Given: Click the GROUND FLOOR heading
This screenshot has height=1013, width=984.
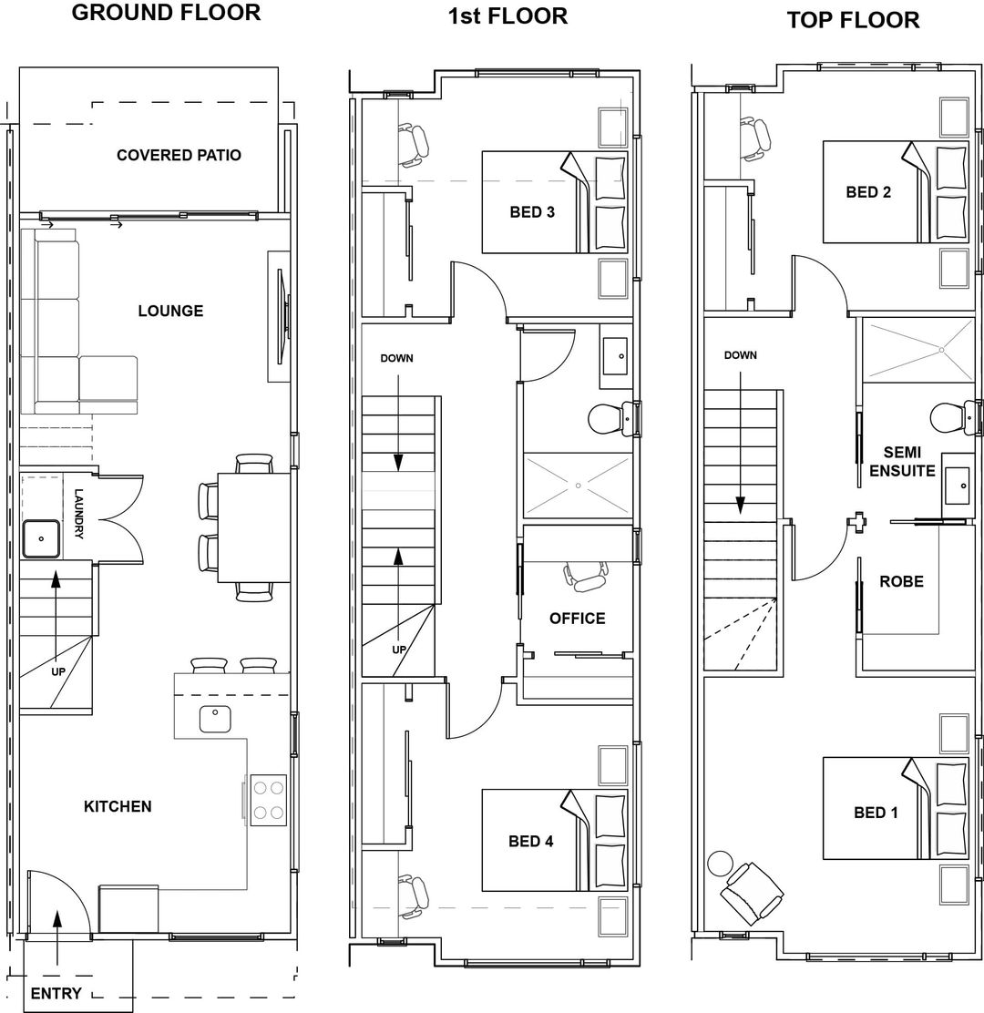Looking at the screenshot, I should (x=166, y=13).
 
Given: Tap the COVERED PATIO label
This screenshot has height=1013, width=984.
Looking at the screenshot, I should (x=179, y=155).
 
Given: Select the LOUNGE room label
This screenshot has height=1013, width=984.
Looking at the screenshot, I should (x=170, y=311).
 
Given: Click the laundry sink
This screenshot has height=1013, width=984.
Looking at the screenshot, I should (x=41, y=537).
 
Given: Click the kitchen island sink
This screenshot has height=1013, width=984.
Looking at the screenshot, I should (x=216, y=720).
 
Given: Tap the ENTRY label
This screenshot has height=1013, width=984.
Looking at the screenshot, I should (x=56, y=993).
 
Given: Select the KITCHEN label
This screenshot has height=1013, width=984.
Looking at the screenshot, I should (x=118, y=806).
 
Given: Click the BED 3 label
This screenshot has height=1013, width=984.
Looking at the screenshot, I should (x=532, y=212).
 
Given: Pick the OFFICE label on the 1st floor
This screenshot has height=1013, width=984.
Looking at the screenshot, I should (x=577, y=619).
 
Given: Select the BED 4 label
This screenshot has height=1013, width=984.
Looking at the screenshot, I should (x=531, y=842).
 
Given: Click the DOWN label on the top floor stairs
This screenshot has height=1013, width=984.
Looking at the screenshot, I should (x=740, y=355).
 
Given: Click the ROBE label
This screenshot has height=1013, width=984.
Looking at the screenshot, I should (x=901, y=581).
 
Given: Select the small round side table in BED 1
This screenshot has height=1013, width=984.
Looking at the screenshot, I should (x=721, y=861).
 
